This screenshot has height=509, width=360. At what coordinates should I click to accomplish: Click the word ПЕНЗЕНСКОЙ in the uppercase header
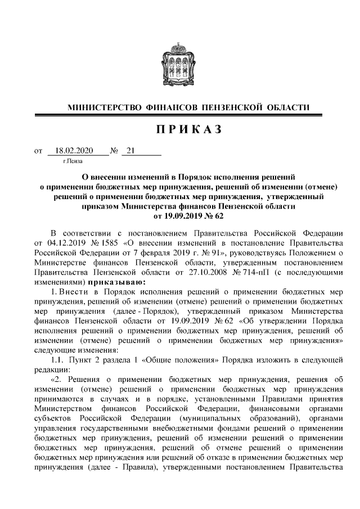229,107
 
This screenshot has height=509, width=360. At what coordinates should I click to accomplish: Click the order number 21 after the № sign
131,151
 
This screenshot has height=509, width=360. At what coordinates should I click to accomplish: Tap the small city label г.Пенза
73,161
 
